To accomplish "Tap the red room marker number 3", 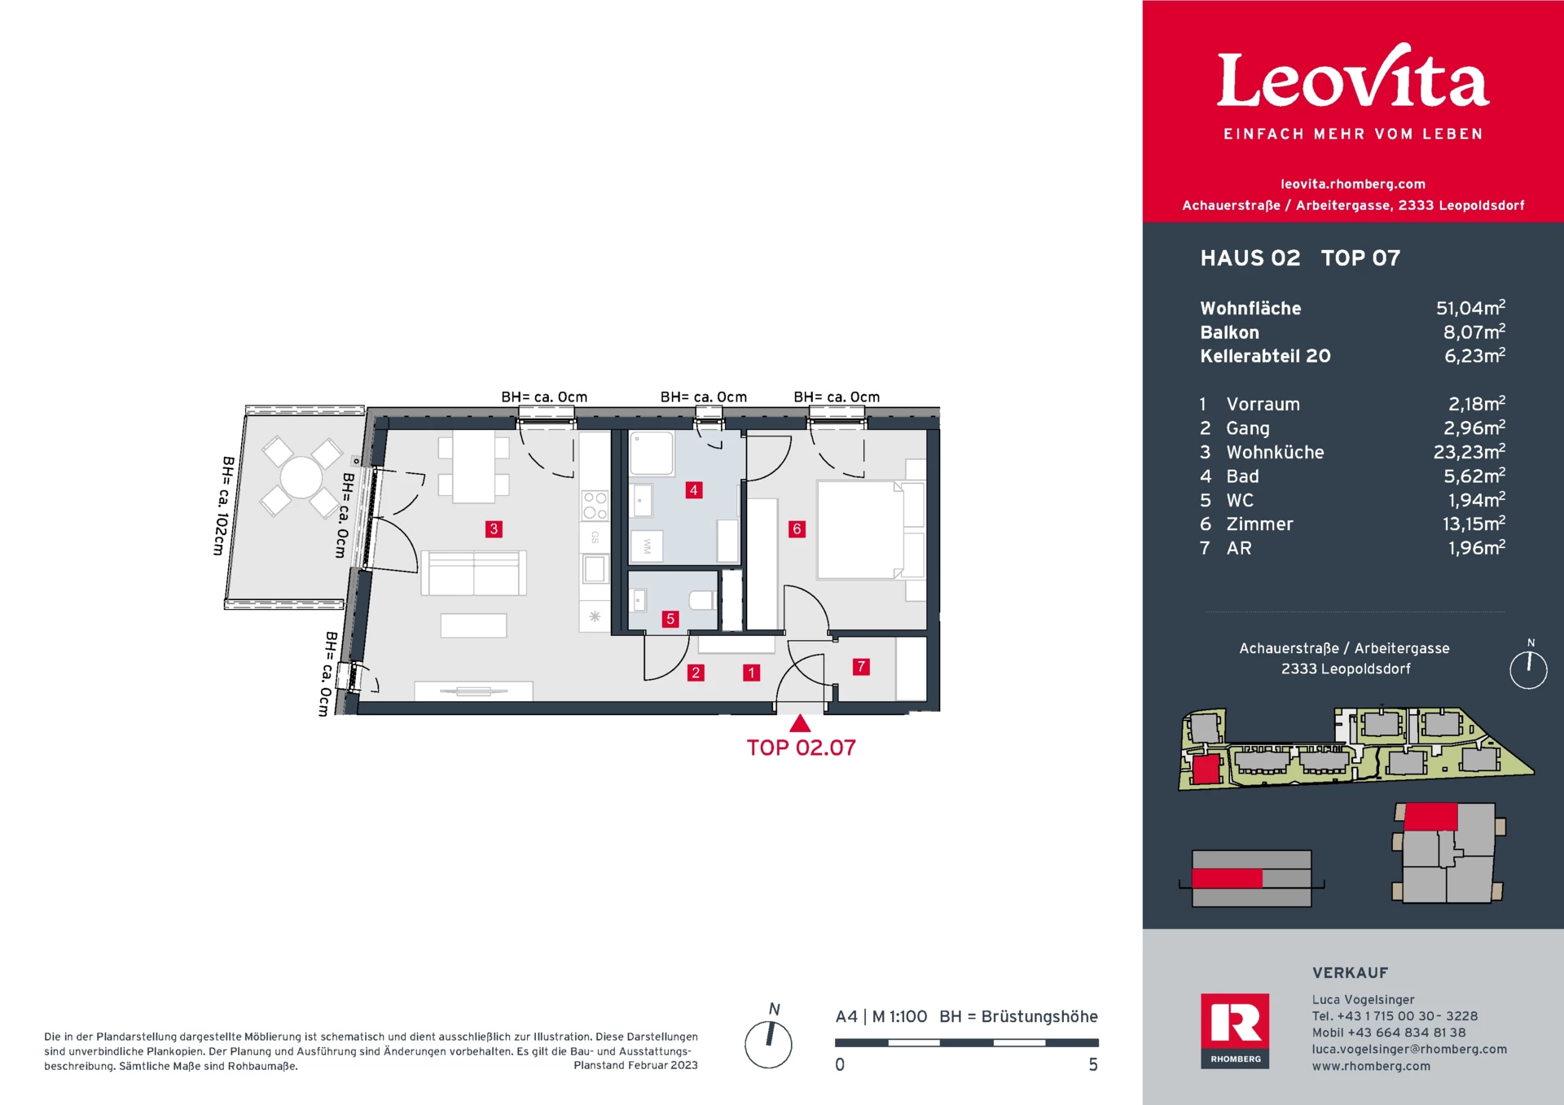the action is point(494,529).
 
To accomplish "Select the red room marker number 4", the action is point(693,490).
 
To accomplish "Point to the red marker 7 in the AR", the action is point(861,667).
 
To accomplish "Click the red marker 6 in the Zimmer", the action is point(797,529).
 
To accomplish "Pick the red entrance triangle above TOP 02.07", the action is point(800,723).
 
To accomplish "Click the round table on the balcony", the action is point(301,477).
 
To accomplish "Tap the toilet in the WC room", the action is point(702,601).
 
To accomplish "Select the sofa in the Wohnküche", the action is point(473,573).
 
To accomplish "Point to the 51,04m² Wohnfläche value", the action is point(1470,308).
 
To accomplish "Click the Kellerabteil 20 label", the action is point(1265,356).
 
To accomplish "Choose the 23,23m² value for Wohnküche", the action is point(1470,452).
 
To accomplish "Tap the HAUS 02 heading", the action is point(1250,258).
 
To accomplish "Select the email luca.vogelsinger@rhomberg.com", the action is point(1409,1050).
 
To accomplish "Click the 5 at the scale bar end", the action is point(1093,1065).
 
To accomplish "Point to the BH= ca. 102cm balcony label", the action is point(224,506).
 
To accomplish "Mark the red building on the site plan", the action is point(1206,769).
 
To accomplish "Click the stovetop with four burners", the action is point(595,506).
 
